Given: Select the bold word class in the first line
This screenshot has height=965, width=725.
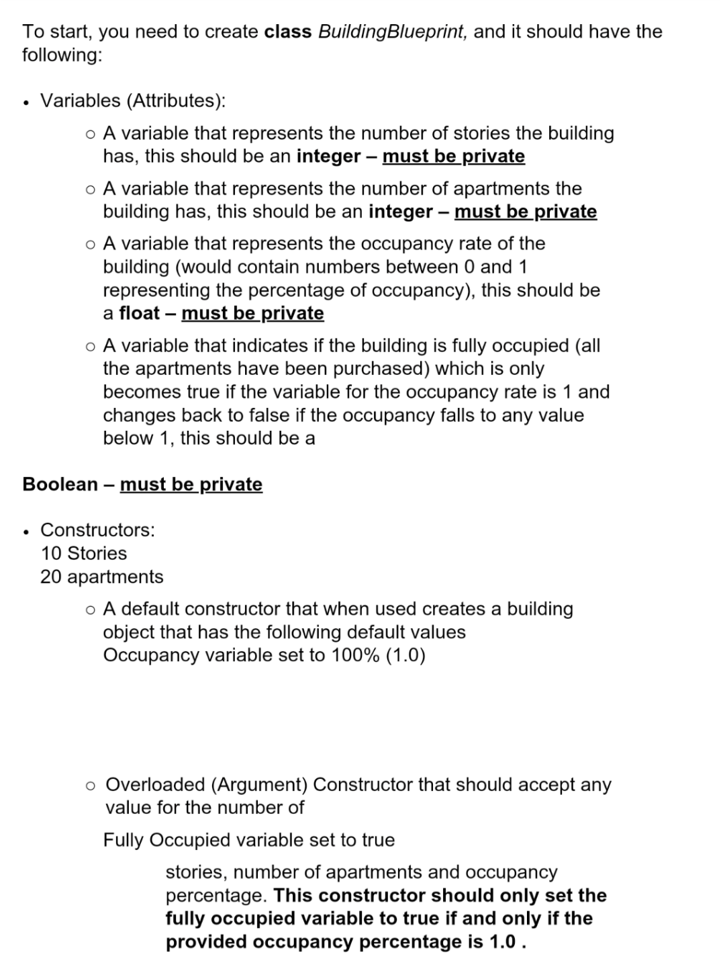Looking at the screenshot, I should [288, 32].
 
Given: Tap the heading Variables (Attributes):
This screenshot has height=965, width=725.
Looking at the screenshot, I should [133, 101].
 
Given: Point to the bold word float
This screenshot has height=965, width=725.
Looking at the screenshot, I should [139, 313].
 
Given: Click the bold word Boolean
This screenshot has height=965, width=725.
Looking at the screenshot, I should [60, 485].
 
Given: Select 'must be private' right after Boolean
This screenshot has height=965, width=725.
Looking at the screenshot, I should [191, 485].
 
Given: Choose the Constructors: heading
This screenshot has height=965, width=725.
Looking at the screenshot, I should [97, 530].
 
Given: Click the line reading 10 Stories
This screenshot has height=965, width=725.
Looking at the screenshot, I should [83, 554].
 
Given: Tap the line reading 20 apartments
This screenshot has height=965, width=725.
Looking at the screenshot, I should [101, 577].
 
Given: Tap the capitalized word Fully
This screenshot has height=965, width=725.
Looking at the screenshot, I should [123, 840].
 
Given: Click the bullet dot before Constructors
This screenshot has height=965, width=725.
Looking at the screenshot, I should [26, 532].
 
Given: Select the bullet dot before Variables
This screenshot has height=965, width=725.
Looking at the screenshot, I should [26, 102].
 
